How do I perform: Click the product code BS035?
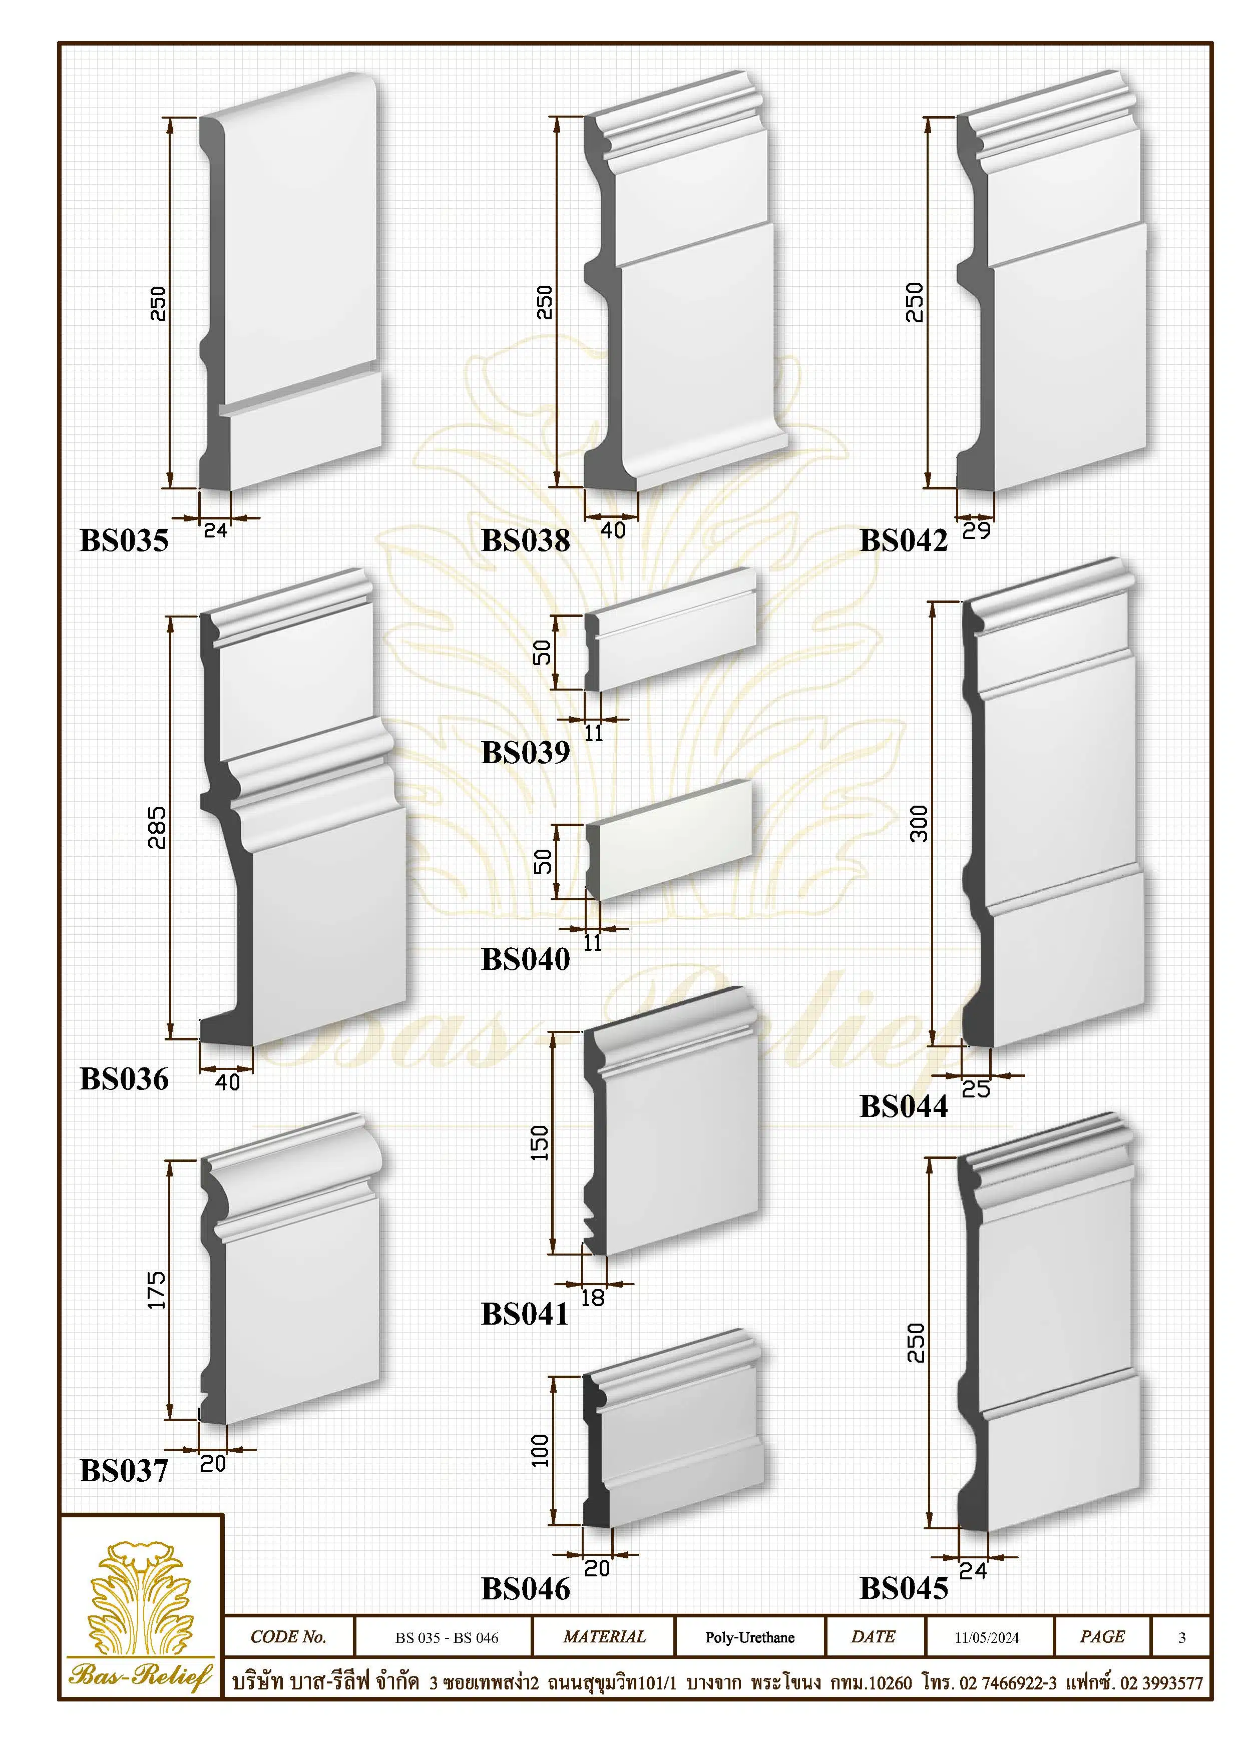(x=124, y=540)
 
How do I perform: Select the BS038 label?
(x=526, y=540)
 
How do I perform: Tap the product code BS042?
(x=904, y=540)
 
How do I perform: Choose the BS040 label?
(x=526, y=959)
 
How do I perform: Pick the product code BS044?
(x=904, y=1106)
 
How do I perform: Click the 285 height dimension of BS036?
(x=157, y=827)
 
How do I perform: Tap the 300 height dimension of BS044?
(x=919, y=824)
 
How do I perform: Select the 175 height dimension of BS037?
(x=157, y=1290)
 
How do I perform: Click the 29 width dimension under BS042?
(x=977, y=531)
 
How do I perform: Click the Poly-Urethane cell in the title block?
(x=749, y=1638)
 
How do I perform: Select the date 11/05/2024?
(x=987, y=1638)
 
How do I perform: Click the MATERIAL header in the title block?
(x=604, y=1637)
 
